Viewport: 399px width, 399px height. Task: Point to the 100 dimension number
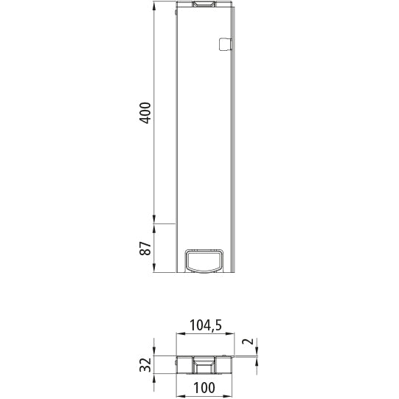(204, 389)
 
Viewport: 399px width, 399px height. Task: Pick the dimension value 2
(249, 342)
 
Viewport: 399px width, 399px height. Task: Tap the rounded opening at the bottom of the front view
(204, 260)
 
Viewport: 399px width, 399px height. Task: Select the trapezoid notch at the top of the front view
(204, 6)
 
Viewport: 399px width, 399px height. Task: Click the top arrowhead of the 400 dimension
(154, 7)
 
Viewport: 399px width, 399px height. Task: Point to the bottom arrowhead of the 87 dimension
(154, 269)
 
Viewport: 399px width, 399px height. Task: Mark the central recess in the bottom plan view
(204, 364)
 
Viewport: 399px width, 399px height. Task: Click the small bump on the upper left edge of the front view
(177, 13)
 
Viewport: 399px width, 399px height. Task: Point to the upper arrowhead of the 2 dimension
(257, 351)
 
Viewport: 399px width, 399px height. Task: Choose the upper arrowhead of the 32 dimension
(154, 352)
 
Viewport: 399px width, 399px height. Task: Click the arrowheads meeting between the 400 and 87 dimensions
(154, 222)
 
